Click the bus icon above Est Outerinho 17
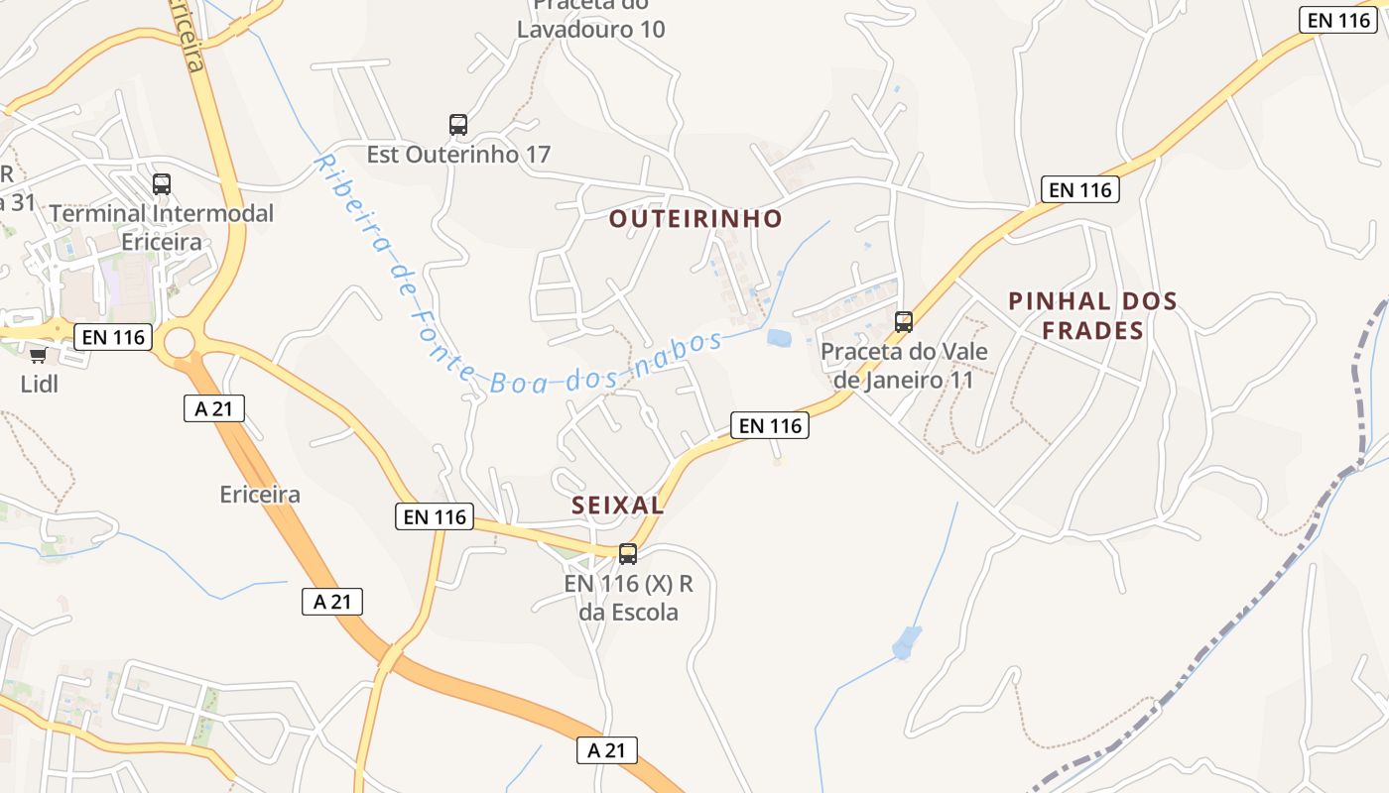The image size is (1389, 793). click(x=457, y=125)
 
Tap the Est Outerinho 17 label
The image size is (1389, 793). click(x=458, y=155)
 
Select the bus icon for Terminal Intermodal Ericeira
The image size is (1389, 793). click(x=161, y=184)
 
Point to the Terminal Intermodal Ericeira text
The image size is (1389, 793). click(x=161, y=227)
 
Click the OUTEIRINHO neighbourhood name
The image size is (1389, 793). click(x=695, y=219)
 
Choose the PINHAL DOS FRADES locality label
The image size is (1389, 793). click(x=1092, y=315)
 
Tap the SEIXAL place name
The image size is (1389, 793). click(x=617, y=506)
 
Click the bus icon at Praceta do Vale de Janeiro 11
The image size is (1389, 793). click(x=903, y=322)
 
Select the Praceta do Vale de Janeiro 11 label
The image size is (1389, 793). click(x=903, y=365)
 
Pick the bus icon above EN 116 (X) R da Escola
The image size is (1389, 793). click(x=628, y=554)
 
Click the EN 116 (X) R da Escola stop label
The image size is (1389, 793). click(x=629, y=598)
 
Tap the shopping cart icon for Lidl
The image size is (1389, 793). click(x=39, y=356)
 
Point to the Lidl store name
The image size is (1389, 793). click(x=39, y=384)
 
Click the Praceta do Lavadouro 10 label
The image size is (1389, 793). click(x=590, y=18)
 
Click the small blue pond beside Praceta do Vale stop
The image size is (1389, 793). click(x=780, y=338)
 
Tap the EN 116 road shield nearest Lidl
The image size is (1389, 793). click(x=113, y=337)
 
